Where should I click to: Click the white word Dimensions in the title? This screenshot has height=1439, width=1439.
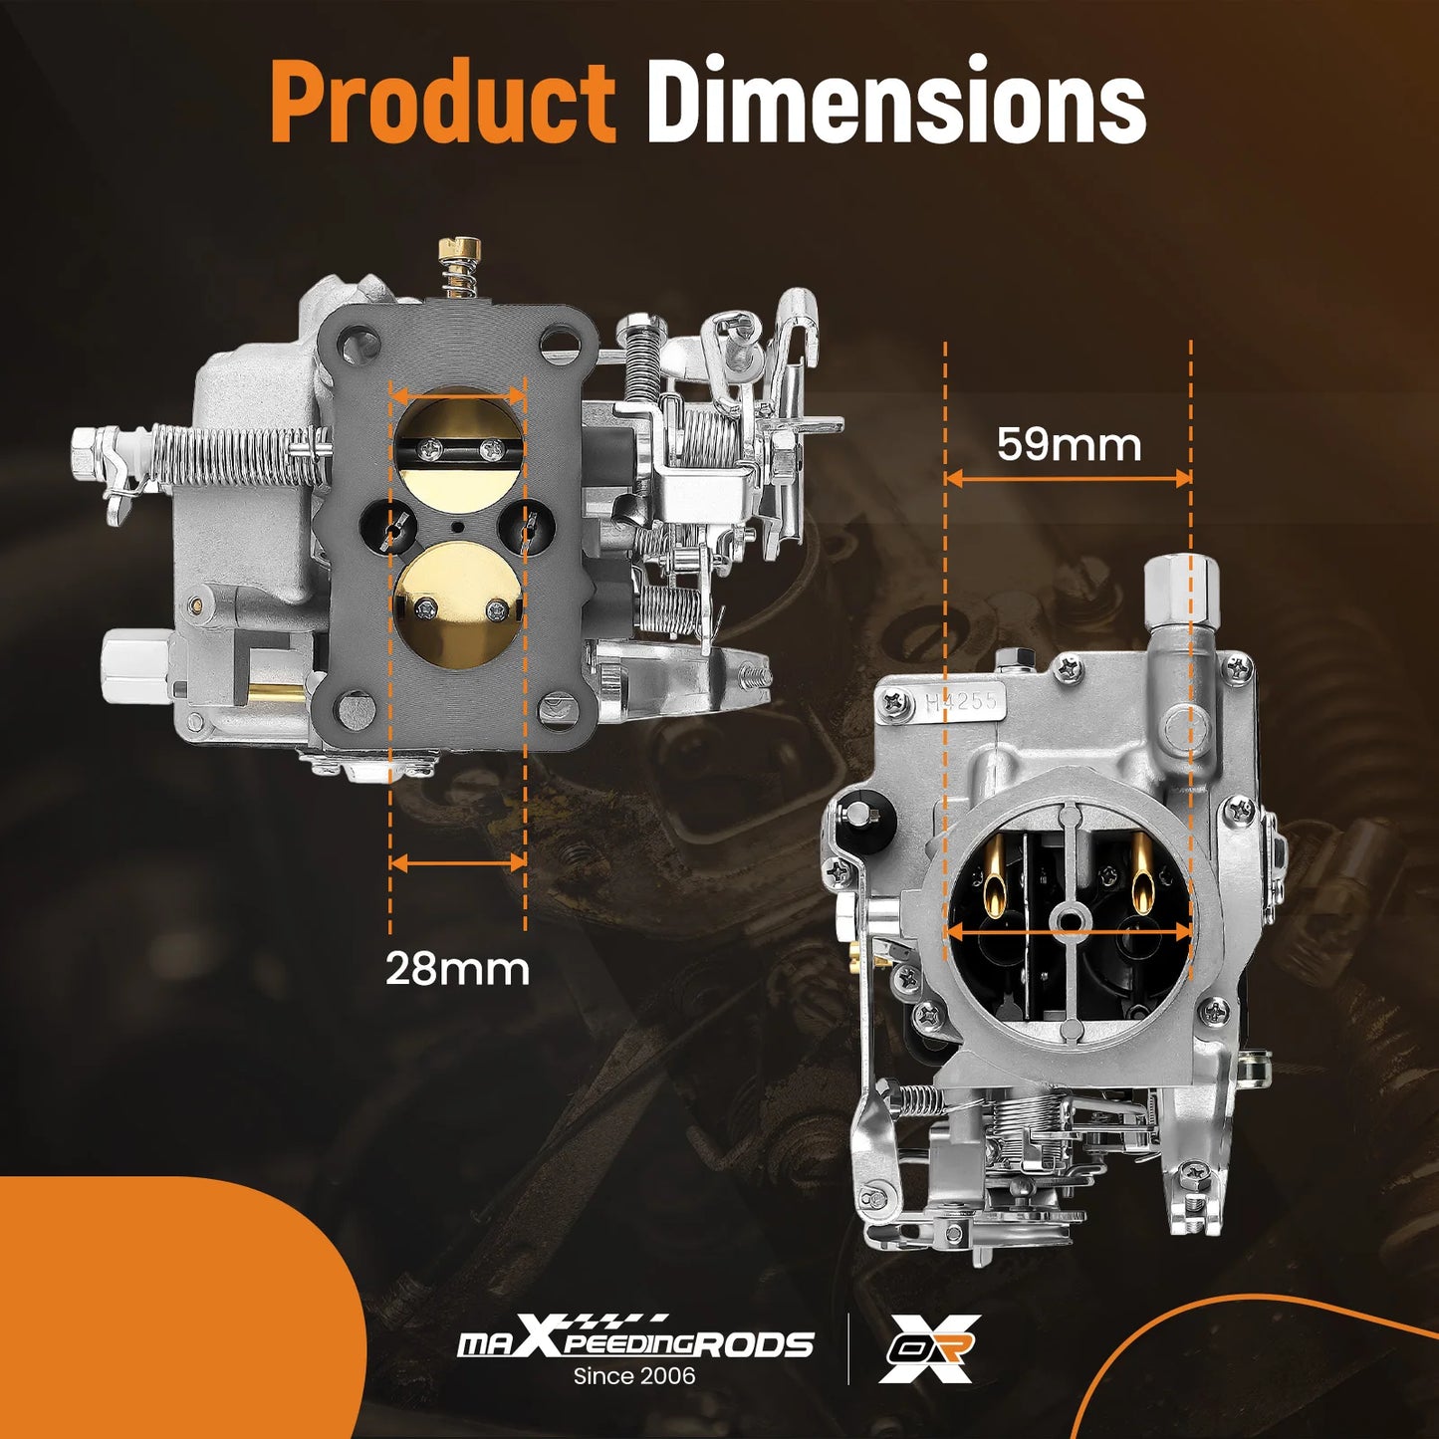tap(896, 100)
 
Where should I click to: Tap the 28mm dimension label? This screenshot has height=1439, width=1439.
tap(457, 969)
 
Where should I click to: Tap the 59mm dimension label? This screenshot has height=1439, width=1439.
tap(1069, 445)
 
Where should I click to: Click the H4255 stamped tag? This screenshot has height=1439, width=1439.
tap(962, 700)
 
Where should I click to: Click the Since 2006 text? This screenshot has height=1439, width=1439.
tap(634, 1375)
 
